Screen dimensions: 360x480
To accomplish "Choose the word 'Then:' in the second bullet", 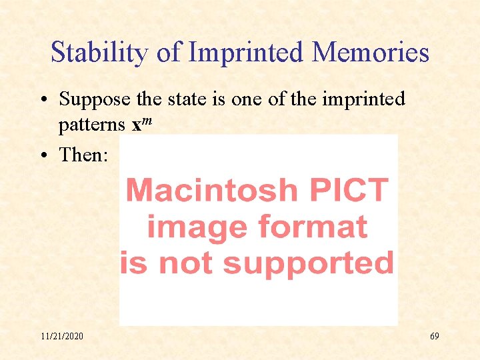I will [x=83, y=155].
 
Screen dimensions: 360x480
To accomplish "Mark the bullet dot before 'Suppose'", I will [x=42, y=100].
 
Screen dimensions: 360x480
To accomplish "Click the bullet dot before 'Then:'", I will [x=42, y=155].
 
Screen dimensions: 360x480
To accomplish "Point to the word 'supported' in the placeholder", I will [x=309, y=263].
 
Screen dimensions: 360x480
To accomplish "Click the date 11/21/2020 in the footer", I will [x=62, y=336].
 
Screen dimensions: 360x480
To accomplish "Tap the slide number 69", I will [x=434, y=336].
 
